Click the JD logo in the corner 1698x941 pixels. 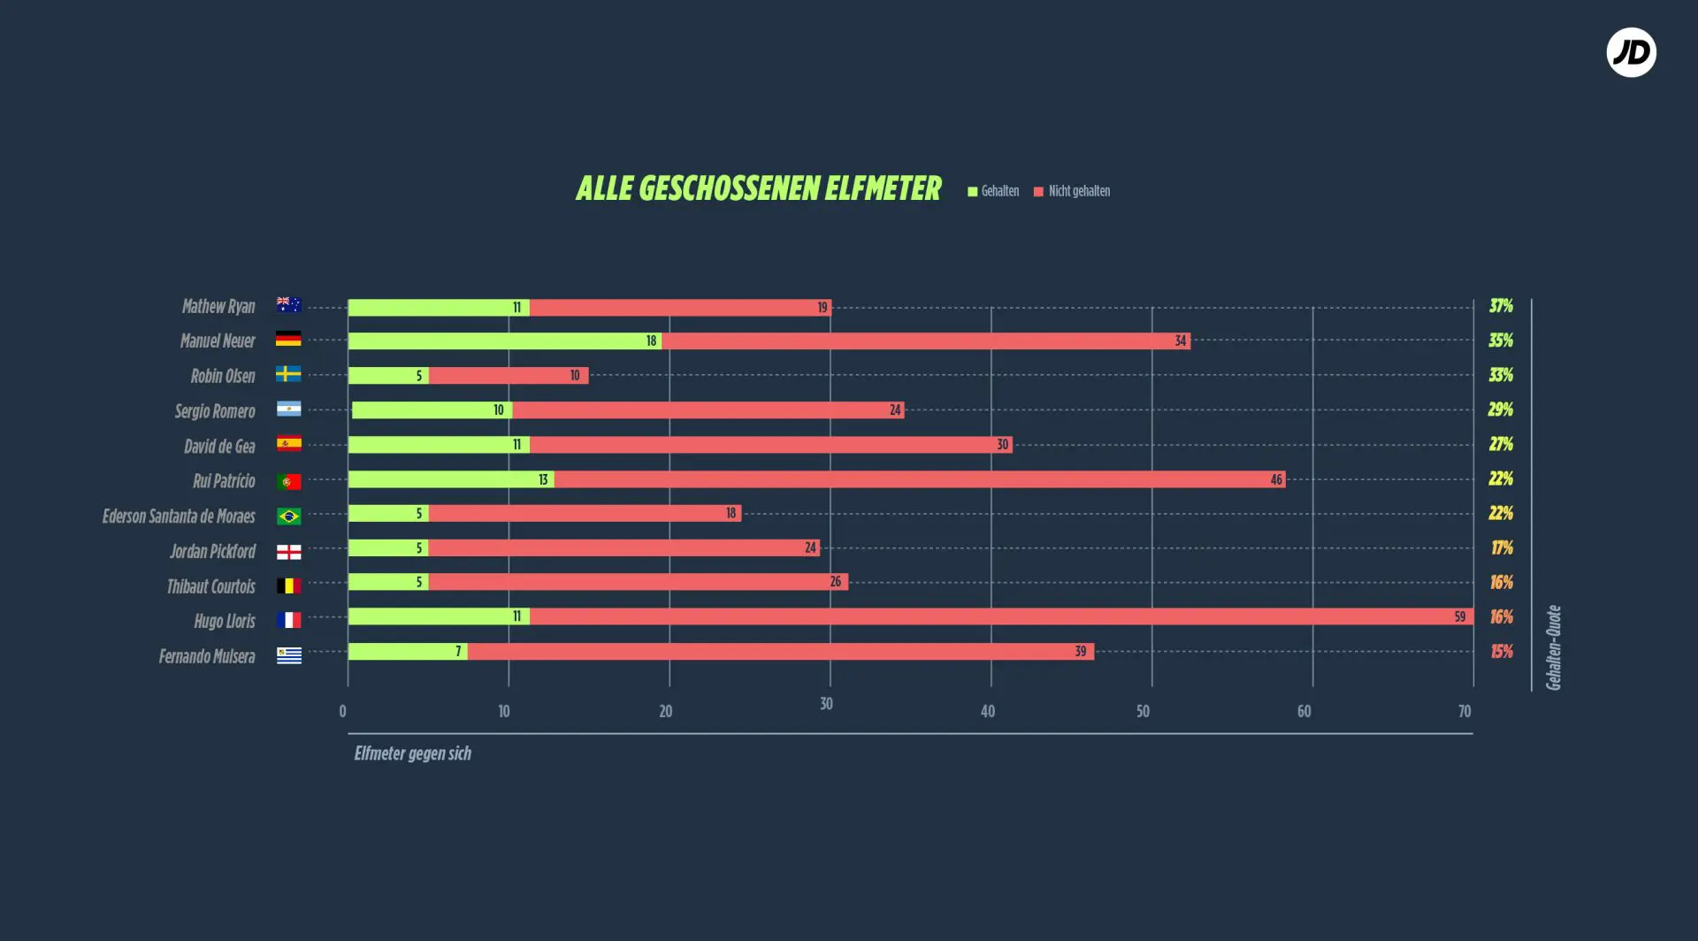click(x=1631, y=52)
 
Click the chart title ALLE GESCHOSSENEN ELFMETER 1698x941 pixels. click(x=758, y=188)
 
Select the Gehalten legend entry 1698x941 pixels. click(x=993, y=191)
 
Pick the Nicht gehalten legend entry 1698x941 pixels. click(x=1072, y=191)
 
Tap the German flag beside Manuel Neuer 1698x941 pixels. click(x=288, y=339)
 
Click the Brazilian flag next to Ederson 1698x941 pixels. click(x=288, y=516)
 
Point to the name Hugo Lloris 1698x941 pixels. click(x=225, y=621)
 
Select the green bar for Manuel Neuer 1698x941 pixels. click(x=505, y=341)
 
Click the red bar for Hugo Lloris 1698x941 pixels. click(x=1001, y=616)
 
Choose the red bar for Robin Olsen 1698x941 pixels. click(x=509, y=376)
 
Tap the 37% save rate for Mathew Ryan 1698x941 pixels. click(x=1501, y=306)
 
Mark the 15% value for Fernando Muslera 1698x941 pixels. click(x=1502, y=652)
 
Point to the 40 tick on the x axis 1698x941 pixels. click(x=988, y=711)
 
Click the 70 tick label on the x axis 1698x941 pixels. click(x=1465, y=711)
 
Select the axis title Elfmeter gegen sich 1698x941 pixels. click(x=412, y=754)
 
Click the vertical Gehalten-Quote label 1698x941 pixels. click(x=1553, y=647)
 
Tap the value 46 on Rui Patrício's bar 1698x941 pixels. click(x=1276, y=479)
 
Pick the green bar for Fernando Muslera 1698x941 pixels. click(x=408, y=652)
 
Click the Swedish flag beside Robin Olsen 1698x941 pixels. click(x=288, y=374)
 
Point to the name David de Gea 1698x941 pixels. click(x=219, y=447)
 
